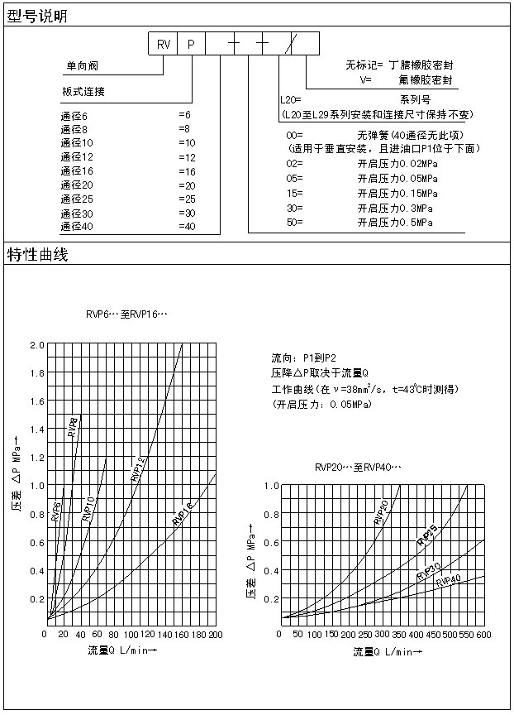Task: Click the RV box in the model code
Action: tap(163, 45)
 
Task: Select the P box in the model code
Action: tap(191, 45)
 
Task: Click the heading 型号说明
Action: tap(37, 17)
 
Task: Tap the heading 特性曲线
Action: tap(37, 254)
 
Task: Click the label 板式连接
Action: tap(83, 91)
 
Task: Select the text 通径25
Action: tap(77, 199)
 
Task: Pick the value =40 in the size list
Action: tap(187, 226)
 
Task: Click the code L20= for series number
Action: tap(292, 99)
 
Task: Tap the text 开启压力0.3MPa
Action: tap(394, 208)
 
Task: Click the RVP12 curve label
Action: tap(139, 468)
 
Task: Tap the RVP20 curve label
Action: tap(381, 512)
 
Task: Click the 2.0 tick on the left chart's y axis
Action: tap(36, 345)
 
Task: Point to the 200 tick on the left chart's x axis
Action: tap(215, 634)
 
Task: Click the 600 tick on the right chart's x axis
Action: tap(483, 634)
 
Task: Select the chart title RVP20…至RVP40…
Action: tap(358, 468)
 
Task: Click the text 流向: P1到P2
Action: tap(303, 357)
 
